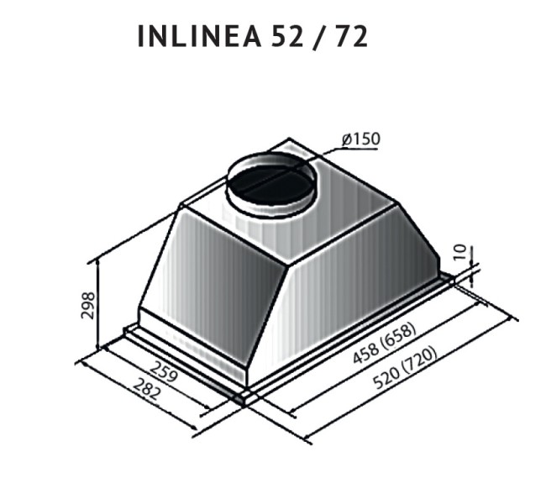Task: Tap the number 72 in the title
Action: click(351, 37)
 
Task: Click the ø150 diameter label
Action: click(360, 139)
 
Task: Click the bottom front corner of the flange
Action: click(244, 398)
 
